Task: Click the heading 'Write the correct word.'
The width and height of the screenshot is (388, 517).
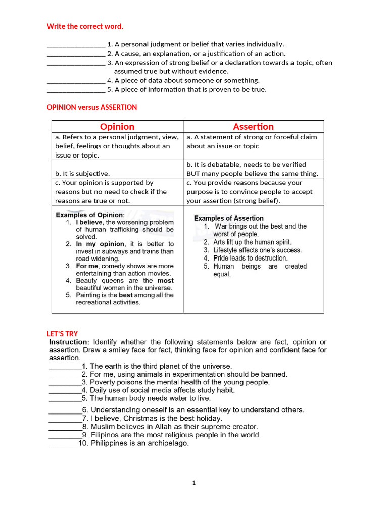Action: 85,26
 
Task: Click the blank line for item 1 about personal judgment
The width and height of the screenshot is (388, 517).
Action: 76,45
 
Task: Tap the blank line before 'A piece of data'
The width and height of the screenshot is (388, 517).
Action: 76,81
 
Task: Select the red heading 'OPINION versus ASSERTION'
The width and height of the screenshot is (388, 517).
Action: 91,107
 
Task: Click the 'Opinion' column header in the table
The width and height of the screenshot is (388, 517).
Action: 117,127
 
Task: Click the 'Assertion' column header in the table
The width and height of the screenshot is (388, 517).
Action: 253,127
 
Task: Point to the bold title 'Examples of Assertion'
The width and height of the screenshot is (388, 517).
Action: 229,218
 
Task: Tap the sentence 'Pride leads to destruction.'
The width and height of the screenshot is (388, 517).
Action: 250,258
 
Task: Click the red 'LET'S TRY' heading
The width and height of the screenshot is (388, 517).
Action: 63,334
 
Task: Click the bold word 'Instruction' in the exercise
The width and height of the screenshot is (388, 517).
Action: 69,342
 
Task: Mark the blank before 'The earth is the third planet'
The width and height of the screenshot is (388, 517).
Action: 64,366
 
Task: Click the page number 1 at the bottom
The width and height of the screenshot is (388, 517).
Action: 193,483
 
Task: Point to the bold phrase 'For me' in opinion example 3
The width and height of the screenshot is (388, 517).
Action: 87,266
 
